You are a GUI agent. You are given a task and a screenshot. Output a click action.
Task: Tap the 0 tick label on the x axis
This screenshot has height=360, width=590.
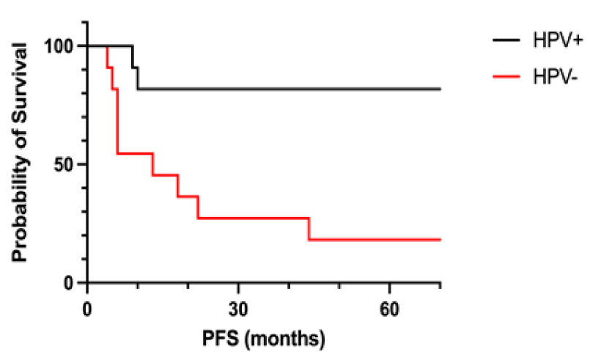pos(87,307)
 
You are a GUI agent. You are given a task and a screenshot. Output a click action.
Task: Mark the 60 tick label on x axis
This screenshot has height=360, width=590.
pos(389,307)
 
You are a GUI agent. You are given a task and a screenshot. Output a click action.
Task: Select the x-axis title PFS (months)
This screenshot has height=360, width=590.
pos(264,339)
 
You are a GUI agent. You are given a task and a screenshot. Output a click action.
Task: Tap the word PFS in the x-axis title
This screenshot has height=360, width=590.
pos(220,339)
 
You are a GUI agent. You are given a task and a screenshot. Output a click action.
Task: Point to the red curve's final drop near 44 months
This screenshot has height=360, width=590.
pos(309,229)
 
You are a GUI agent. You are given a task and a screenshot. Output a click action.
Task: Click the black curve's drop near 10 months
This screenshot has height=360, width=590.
pos(138,78)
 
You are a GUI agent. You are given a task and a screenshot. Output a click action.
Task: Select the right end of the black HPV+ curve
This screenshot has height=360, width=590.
pos(440,89)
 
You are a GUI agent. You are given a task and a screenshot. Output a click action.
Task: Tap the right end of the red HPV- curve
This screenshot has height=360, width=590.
pos(440,240)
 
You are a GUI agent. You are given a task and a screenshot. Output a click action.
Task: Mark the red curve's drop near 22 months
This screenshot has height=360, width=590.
pos(198,207)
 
